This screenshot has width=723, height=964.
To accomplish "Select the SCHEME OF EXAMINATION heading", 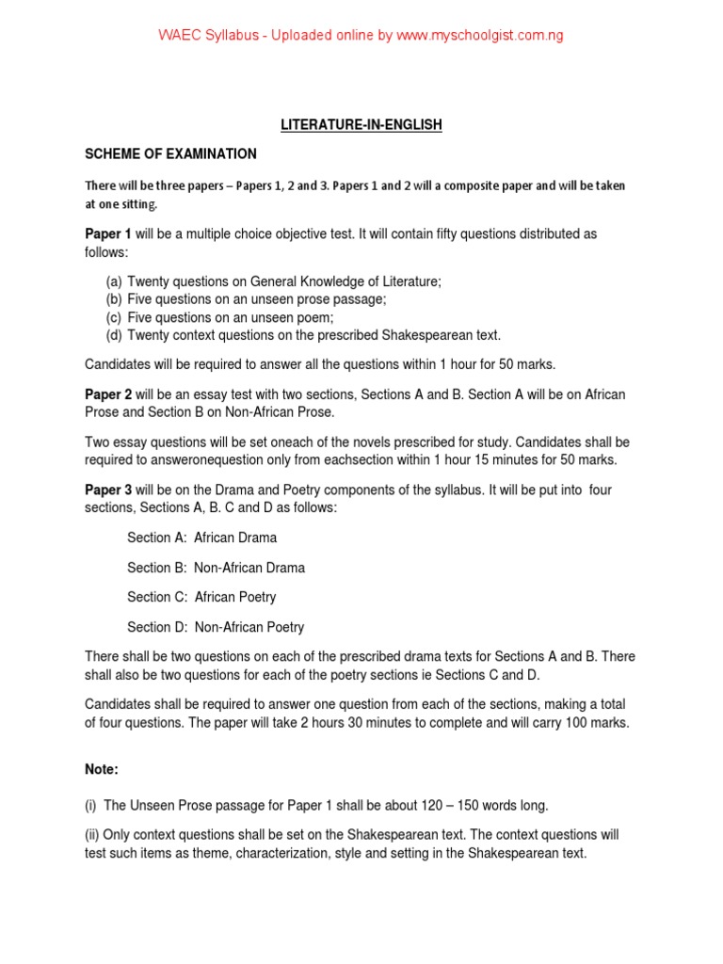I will [170, 153].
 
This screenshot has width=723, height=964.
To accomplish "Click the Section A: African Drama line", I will [201, 538].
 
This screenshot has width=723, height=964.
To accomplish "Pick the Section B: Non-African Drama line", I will [216, 568].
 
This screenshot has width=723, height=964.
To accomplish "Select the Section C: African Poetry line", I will [201, 597].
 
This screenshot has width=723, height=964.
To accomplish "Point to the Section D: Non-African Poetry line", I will [216, 627].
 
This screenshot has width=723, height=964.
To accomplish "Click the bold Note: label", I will [102, 769].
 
